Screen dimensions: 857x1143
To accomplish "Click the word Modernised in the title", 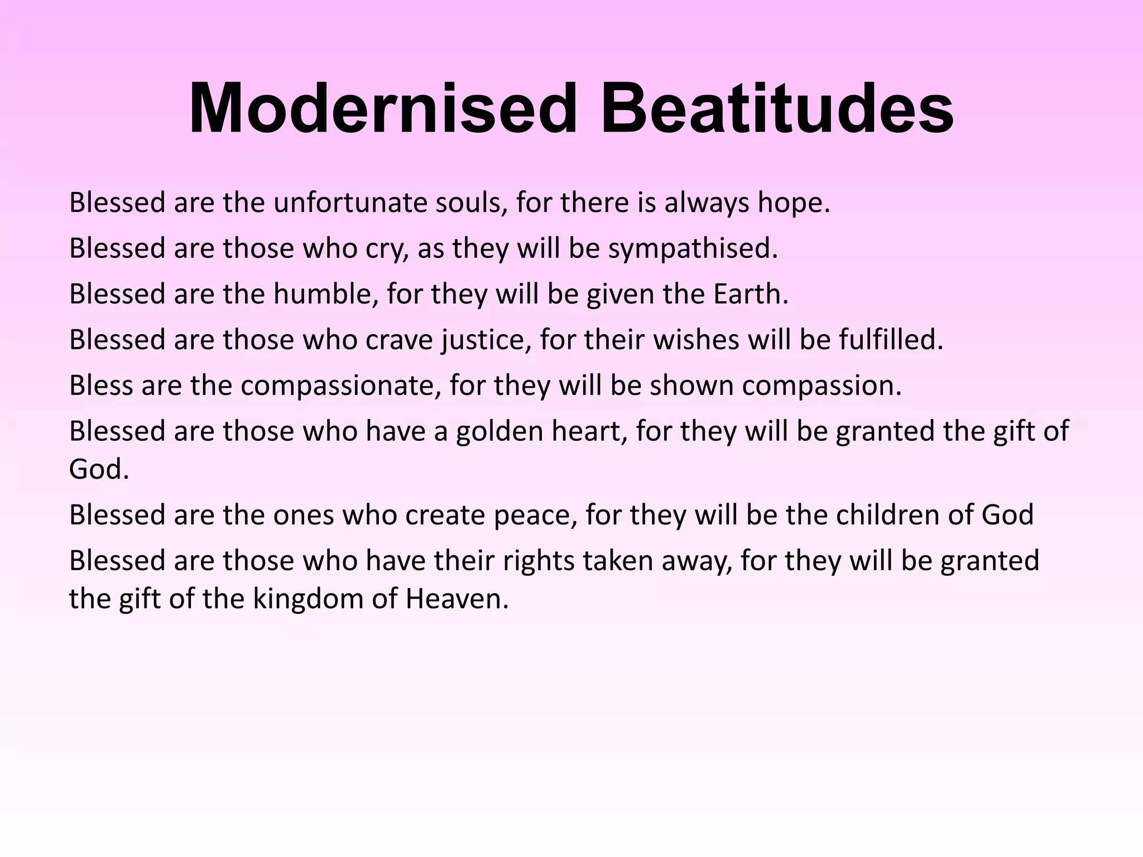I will coord(383,108).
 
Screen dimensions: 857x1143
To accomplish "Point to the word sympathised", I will coord(692,249).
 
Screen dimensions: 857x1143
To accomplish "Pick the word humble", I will coord(325,294).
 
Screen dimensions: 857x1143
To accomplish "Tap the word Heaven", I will coord(457,599).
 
